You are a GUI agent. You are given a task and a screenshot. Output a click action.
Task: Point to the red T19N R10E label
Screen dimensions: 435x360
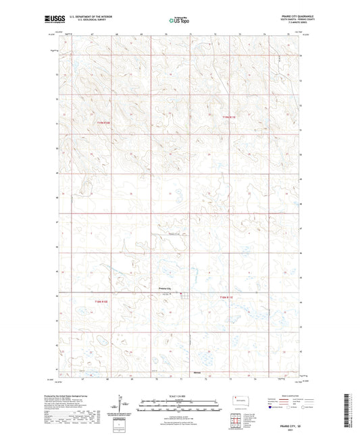click(101, 122)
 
